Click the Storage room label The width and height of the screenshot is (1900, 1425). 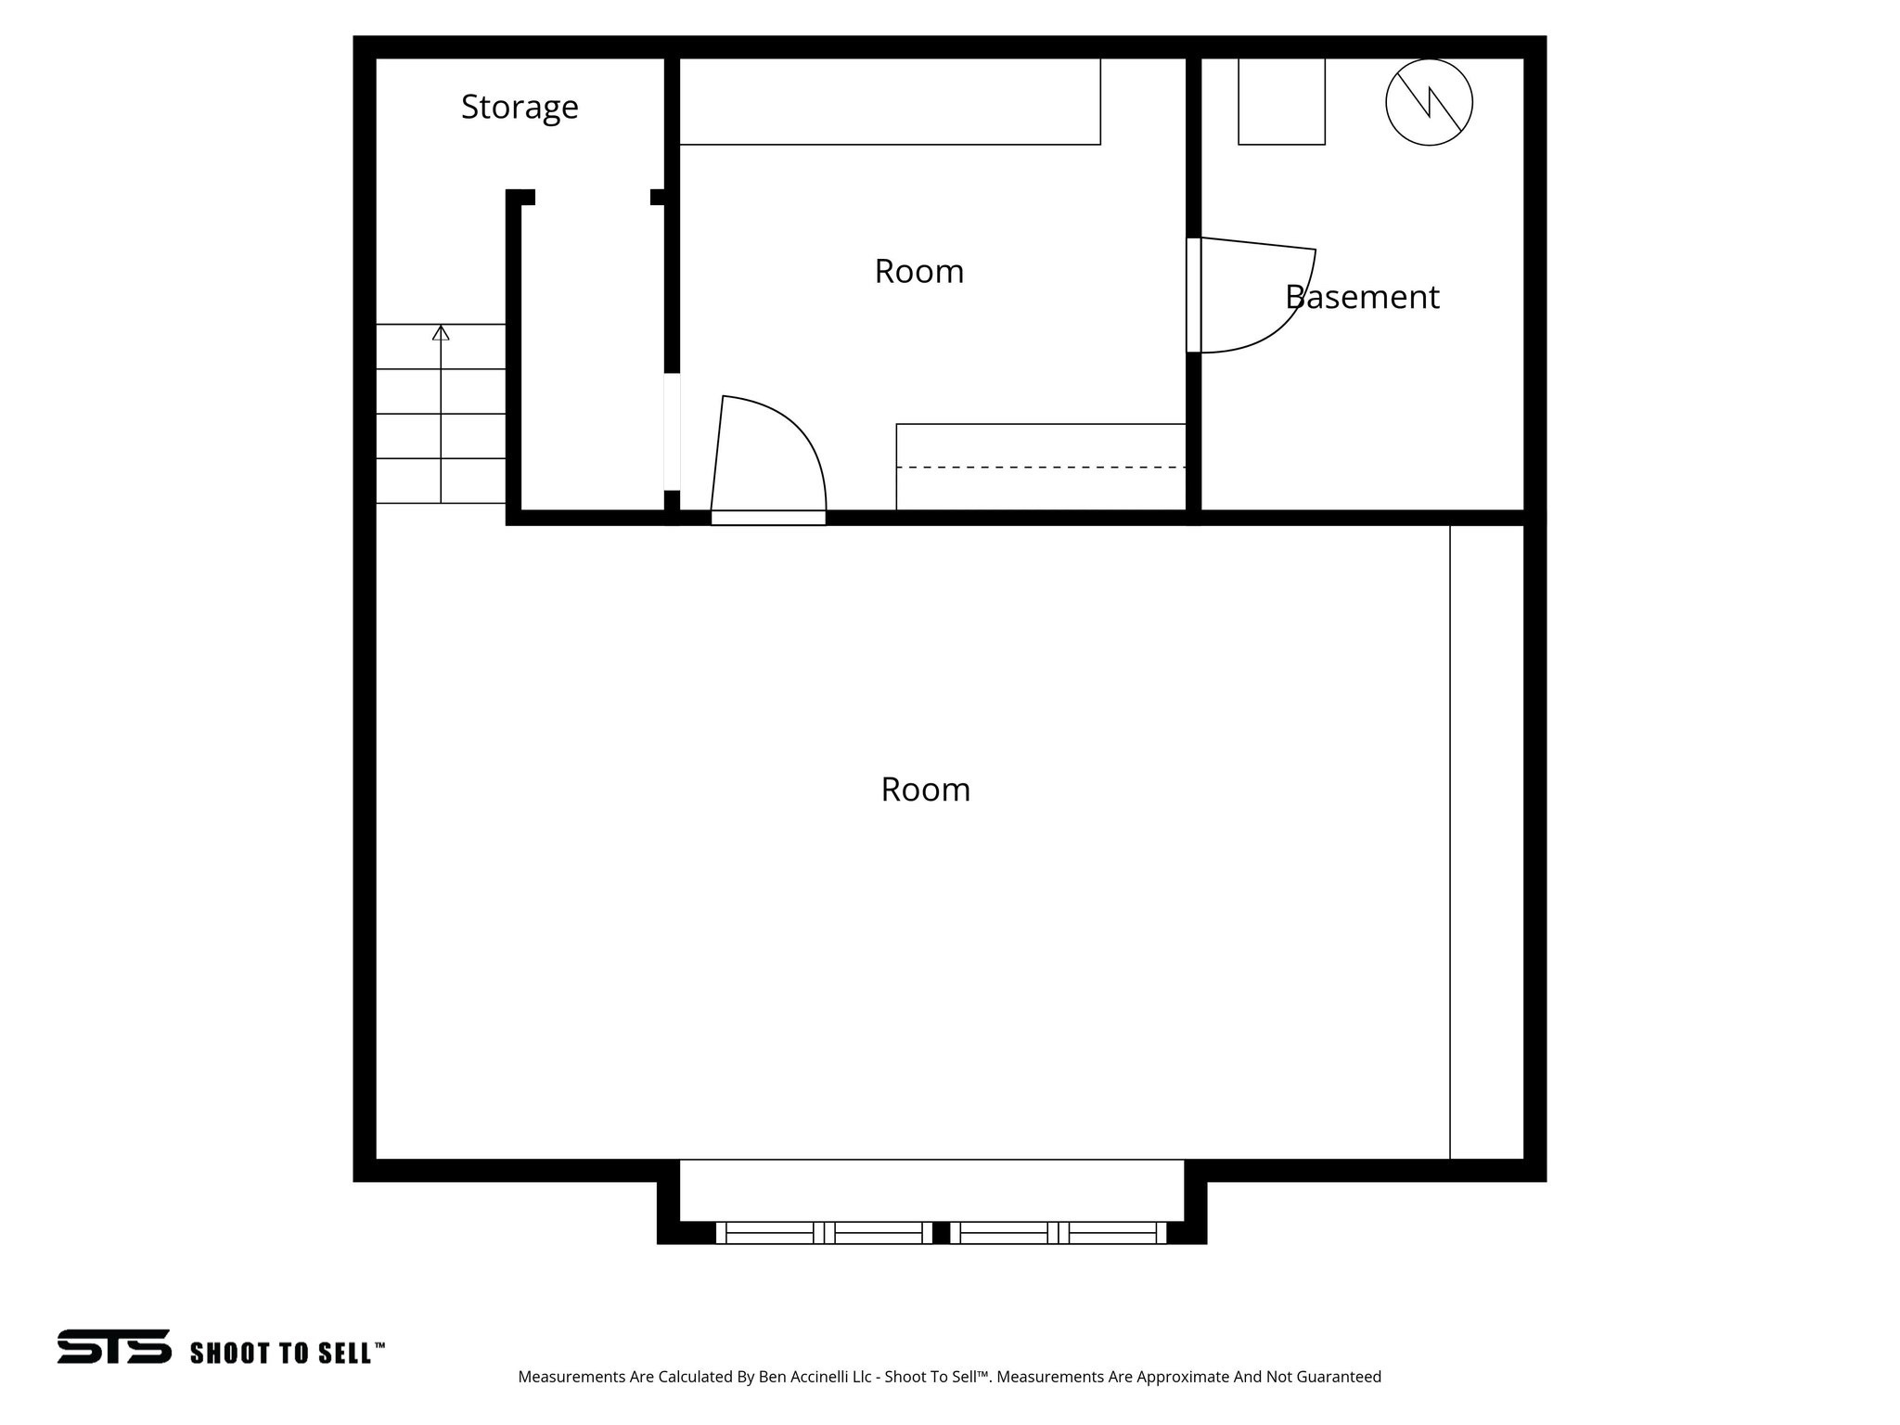[520, 108]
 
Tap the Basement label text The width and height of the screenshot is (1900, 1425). [1362, 298]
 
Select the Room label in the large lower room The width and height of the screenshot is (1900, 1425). [925, 790]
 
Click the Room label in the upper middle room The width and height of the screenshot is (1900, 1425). [918, 272]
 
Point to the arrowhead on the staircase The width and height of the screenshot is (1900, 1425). [441, 332]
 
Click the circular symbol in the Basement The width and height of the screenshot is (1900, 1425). [1429, 102]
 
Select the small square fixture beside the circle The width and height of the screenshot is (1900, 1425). [1281, 101]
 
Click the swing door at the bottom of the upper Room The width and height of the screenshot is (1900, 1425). [770, 455]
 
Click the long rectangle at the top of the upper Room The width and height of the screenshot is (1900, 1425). [890, 101]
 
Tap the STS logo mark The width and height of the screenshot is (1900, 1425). [114, 1346]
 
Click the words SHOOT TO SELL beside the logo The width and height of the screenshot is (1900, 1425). [287, 1353]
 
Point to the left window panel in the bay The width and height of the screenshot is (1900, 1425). [824, 1233]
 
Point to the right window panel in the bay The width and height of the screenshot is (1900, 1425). [1058, 1233]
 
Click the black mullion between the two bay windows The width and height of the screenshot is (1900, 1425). [941, 1233]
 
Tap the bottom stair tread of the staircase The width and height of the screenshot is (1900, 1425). [441, 481]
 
